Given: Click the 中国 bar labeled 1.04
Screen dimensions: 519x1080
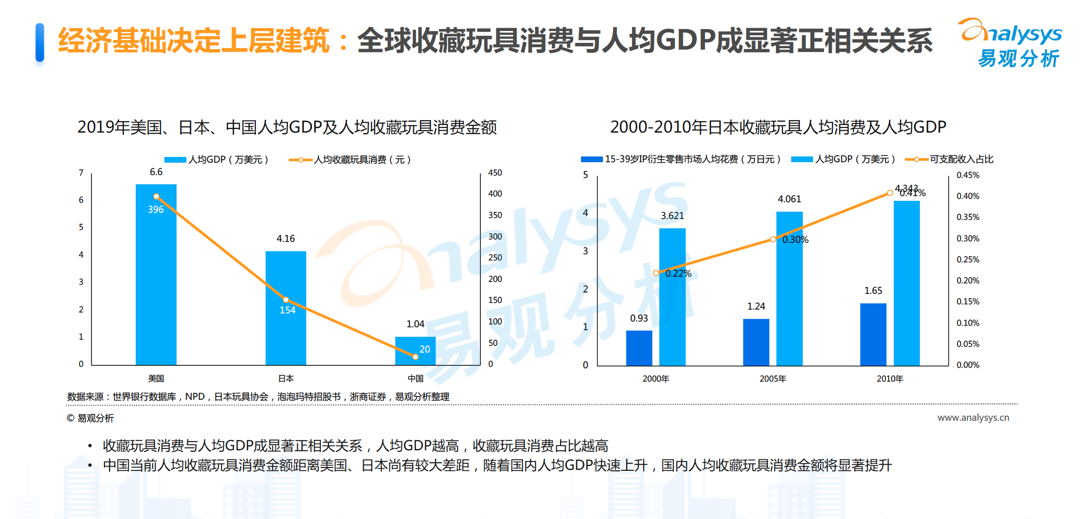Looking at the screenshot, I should click(415, 351).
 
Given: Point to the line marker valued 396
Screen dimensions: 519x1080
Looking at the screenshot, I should click(156, 197).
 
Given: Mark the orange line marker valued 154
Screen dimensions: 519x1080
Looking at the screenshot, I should click(286, 300).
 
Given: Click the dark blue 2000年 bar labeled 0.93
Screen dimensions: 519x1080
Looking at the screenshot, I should click(639, 348).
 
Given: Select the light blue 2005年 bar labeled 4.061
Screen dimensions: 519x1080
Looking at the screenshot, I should click(789, 289).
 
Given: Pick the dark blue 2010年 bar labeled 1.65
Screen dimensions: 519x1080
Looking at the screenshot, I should click(873, 334).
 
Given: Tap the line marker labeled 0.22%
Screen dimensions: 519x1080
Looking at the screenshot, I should click(656, 273).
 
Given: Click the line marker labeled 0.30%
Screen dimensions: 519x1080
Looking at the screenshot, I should click(773, 239).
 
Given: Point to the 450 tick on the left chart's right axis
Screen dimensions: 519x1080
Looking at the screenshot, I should click(495, 173).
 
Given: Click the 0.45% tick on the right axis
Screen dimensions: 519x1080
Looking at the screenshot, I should click(968, 175).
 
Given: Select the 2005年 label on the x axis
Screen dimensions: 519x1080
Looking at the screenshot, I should click(773, 379).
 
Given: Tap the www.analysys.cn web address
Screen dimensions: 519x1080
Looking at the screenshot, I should click(973, 418).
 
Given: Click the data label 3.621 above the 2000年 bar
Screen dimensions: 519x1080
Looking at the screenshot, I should click(672, 216).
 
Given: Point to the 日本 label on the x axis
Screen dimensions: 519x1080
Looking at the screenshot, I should click(285, 378).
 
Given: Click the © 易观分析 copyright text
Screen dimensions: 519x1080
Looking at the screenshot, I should click(90, 418).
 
